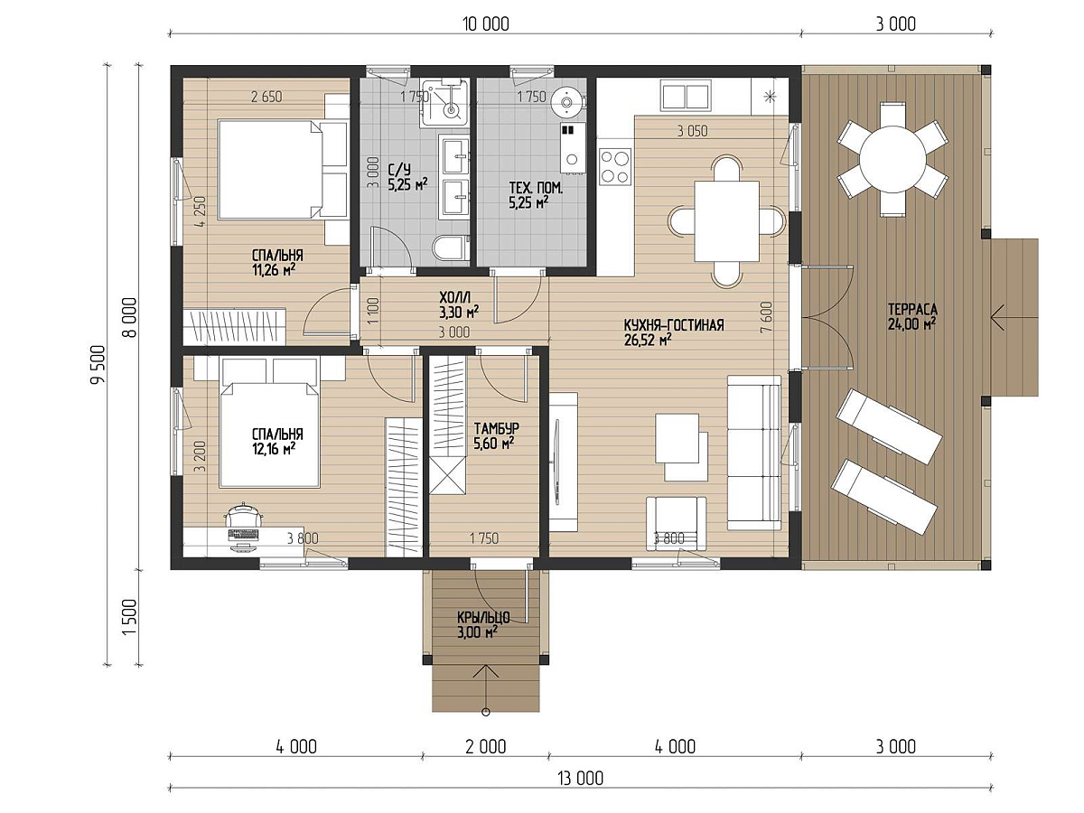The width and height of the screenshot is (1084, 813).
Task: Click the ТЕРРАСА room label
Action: [912, 310]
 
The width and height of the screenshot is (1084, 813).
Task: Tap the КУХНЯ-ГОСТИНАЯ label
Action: [674, 325]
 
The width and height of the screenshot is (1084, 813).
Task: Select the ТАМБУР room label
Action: [496, 428]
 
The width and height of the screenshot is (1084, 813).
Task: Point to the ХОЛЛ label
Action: [455, 297]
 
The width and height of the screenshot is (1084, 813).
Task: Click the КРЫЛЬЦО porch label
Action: [483, 617]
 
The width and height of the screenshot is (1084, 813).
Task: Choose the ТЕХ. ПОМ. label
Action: [536, 188]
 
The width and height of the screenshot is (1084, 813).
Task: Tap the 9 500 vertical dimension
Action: [98, 364]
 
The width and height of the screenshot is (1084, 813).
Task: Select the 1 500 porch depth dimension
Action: [128, 618]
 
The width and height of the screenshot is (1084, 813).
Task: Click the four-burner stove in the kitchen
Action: [615, 167]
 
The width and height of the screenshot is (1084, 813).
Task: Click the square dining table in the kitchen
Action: [726, 220]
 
